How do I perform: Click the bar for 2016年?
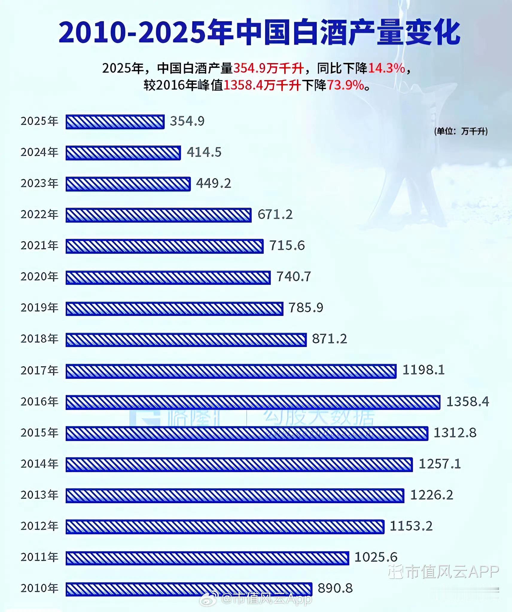click(253, 402)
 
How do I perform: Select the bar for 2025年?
click(115, 122)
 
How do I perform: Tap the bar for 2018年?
click(186, 340)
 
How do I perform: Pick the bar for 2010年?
click(189, 589)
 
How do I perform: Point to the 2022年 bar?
click(159, 215)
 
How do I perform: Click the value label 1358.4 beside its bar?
click(467, 402)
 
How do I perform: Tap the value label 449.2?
click(214, 183)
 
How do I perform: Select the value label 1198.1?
click(423, 370)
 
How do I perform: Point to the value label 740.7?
click(293, 277)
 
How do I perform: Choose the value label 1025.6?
click(376, 557)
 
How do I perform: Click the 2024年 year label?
click(39, 152)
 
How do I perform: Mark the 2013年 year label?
click(39, 495)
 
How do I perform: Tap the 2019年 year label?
click(39, 308)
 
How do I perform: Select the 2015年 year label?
click(39, 433)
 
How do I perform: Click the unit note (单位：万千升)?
click(461, 131)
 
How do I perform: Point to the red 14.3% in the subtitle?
click(386, 68)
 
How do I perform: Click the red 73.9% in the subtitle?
click(345, 85)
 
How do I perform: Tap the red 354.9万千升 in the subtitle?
click(268, 68)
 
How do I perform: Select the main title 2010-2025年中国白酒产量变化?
click(259, 32)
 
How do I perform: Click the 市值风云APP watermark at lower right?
click(444, 572)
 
